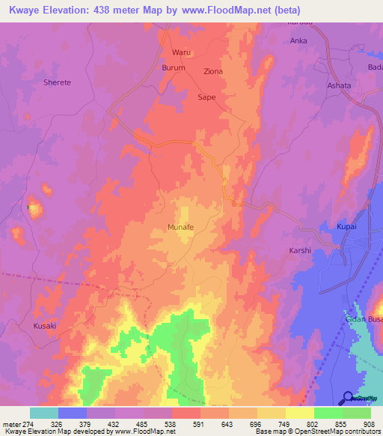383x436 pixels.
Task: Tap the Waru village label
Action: coord(182,52)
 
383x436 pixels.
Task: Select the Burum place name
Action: coord(174,67)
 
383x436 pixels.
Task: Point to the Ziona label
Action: coord(213,72)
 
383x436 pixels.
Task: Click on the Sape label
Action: coord(206,97)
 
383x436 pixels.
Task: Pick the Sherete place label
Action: coord(57,82)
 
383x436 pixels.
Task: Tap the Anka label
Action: coord(298,41)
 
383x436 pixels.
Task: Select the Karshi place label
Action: coord(299,251)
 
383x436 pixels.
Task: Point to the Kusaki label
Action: coord(45,326)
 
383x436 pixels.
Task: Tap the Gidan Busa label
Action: coord(364,320)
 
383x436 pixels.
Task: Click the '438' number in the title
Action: coord(111,10)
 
